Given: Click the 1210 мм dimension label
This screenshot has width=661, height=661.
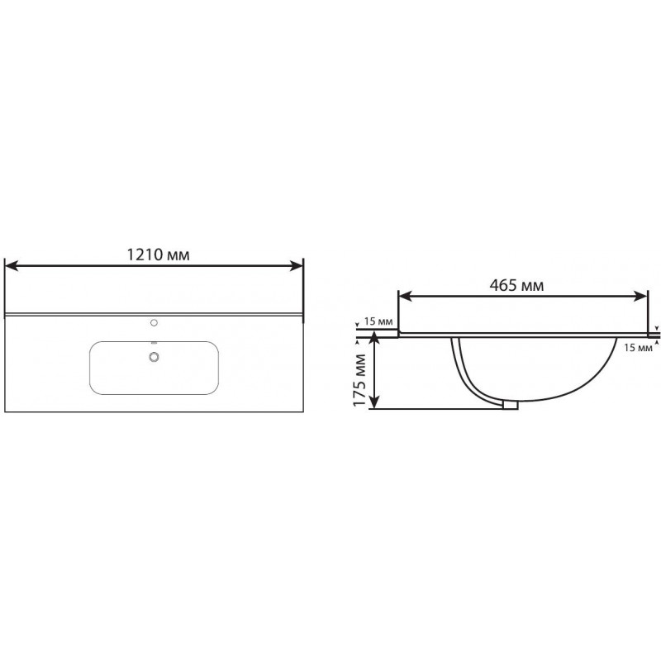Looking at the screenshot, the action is point(158,254).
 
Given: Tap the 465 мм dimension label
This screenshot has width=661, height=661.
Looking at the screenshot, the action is point(516,285).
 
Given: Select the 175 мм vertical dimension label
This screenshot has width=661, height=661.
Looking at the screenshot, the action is point(359,380).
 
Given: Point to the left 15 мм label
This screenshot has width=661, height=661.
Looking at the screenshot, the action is point(378,321).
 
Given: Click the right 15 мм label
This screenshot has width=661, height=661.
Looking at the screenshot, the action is point(638,348).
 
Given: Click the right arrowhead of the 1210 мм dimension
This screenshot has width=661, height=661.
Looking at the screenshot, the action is point(296,266).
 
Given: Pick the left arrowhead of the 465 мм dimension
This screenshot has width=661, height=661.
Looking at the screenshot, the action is point(406,297).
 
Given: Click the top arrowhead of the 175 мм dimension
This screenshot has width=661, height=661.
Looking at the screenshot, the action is point(374,338).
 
